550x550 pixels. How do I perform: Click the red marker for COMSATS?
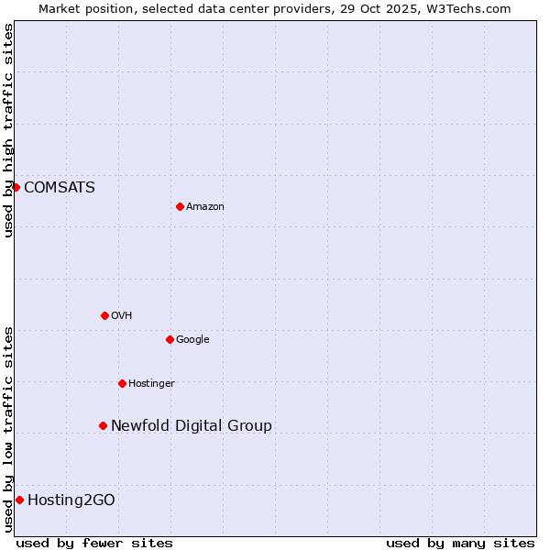pos(16,187)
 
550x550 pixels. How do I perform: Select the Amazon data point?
pos(180,206)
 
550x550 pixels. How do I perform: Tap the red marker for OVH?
pos(104,315)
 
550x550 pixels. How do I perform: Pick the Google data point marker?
pos(170,339)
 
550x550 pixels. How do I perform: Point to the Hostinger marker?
pos(122,383)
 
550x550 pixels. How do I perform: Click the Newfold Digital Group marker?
pos(103,425)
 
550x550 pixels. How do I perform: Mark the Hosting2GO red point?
pos(19,500)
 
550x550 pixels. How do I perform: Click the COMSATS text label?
pos(59,188)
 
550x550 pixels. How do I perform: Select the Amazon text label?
pos(205,207)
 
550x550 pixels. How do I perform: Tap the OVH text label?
pos(122,316)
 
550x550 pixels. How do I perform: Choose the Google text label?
pos(192,340)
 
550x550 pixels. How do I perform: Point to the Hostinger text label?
pos(151,384)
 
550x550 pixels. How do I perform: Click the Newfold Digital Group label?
pos(191,426)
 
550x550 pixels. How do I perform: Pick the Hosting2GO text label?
pos(71,500)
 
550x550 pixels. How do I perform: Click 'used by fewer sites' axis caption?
pos(94,543)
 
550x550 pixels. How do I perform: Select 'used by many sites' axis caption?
pos(460,543)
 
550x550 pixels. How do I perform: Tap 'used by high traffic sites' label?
pos(8,130)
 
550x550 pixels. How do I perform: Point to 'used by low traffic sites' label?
pos(8,429)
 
